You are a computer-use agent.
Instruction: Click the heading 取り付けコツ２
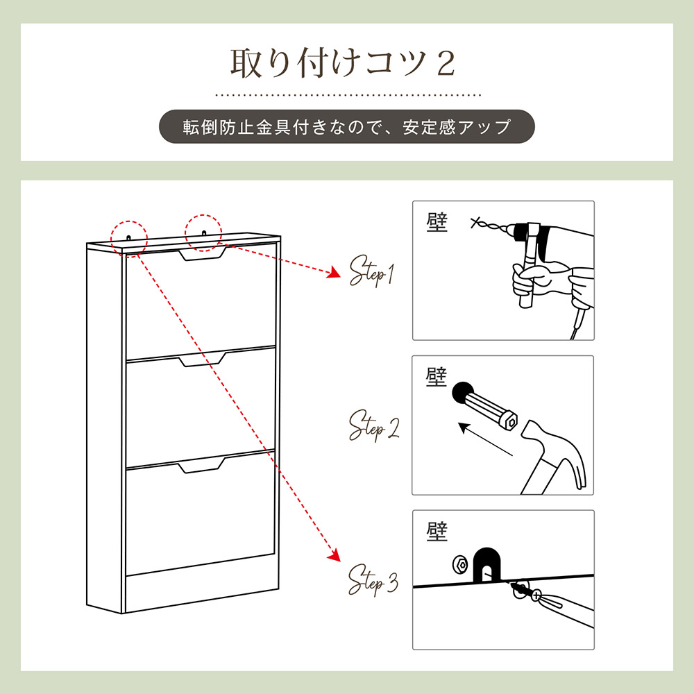point(342,63)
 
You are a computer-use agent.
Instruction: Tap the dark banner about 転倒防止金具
point(346,126)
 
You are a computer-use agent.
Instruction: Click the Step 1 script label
point(371,271)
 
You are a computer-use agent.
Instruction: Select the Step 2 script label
point(373,425)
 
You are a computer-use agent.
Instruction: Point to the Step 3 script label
point(373,579)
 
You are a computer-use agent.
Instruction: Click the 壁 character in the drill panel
point(437,222)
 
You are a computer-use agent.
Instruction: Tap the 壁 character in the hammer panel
point(436,377)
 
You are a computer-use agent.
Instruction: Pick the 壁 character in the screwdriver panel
point(437,531)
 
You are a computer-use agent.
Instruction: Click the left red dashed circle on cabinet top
point(129,238)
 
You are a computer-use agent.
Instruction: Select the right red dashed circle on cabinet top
point(203,232)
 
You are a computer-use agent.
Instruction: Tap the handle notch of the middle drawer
point(203,359)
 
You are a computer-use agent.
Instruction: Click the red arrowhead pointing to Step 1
point(335,273)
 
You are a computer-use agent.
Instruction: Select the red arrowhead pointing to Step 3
point(335,555)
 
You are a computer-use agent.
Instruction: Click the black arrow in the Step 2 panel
point(485,439)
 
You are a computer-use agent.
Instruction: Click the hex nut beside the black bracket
point(461,565)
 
